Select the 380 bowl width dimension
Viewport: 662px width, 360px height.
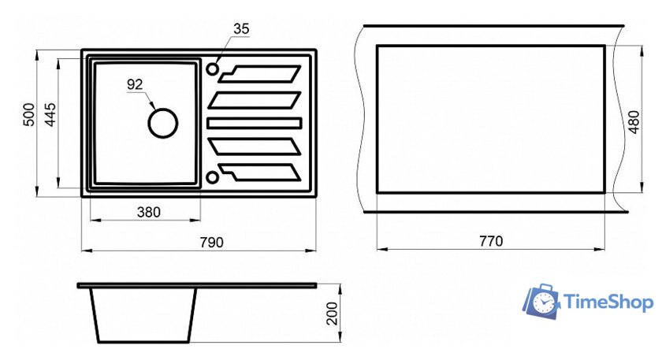pos(148,212)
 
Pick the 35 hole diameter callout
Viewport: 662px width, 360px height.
pos(241,29)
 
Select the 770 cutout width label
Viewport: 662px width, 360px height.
pos(490,241)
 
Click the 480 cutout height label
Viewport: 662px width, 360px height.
pos(634,119)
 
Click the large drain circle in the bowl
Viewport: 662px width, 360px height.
pos(163,123)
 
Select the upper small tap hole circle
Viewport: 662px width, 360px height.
pos(213,69)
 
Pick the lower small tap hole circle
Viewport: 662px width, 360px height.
pos(213,176)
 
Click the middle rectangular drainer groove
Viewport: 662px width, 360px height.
pos(255,123)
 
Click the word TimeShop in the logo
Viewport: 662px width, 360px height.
pos(607,302)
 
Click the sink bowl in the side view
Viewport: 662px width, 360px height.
pos(143,314)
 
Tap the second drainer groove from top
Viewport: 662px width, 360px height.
pos(255,100)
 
